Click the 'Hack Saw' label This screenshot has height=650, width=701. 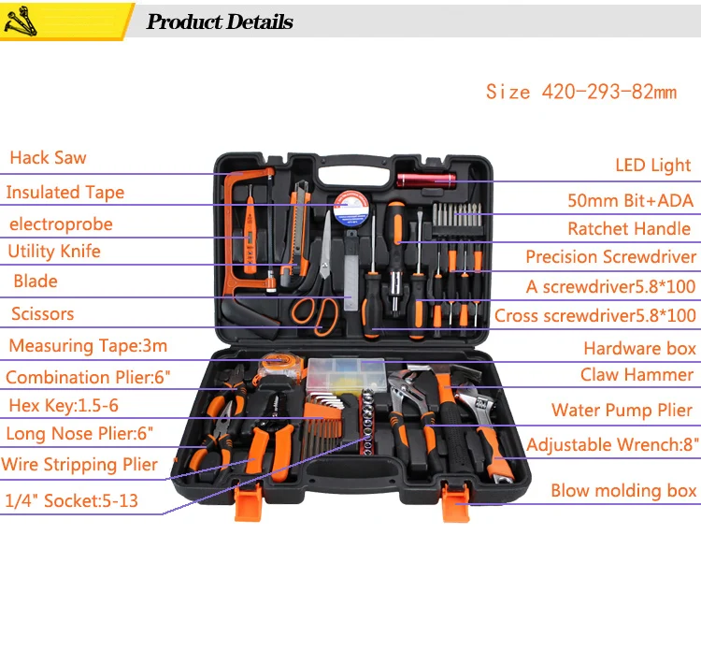[x=48, y=158]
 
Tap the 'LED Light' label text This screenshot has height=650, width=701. [x=652, y=166]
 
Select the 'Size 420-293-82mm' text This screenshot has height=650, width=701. [x=580, y=92]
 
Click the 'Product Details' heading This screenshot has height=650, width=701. [x=220, y=22]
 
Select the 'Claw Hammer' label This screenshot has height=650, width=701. [x=637, y=375]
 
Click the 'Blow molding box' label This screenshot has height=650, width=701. [x=622, y=491]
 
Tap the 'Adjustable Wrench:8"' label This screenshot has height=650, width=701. [x=611, y=445]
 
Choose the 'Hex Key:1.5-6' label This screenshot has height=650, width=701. [x=64, y=406]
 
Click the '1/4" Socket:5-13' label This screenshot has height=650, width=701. [x=71, y=501]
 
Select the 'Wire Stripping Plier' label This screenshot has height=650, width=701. [x=79, y=465]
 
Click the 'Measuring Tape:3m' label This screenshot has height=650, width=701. [x=88, y=346]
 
